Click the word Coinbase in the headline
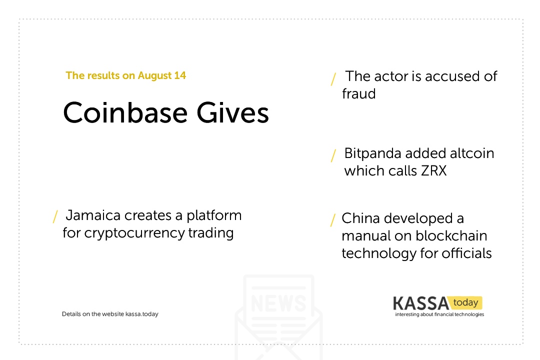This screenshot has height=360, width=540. pyautogui.click(x=125, y=112)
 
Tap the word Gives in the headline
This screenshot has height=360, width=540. pyautogui.click(x=233, y=112)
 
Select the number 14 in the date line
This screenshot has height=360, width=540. pyautogui.click(x=180, y=75)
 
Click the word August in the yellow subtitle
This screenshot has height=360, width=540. pyautogui.click(x=154, y=76)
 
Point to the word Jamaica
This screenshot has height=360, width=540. pyautogui.click(x=93, y=215)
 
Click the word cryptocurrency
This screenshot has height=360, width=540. pyautogui.click(x=134, y=233)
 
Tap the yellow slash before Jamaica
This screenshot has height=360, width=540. pyautogui.click(x=55, y=216)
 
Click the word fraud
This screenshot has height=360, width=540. pyautogui.click(x=358, y=93)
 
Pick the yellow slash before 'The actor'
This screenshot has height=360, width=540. pyautogui.click(x=333, y=79)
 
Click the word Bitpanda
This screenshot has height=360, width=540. pyautogui.click(x=372, y=153)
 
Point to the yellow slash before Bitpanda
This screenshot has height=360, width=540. pyautogui.click(x=333, y=155)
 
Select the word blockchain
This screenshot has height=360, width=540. pyautogui.click(x=451, y=236)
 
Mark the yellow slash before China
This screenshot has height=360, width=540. pyautogui.click(x=332, y=220)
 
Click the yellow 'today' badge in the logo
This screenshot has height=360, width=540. pyautogui.click(x=465, y=302)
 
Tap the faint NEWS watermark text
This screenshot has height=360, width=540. pyautogui.click(x=278, y=303)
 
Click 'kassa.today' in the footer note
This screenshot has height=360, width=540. pyautogui.click(x=142, y=314)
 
